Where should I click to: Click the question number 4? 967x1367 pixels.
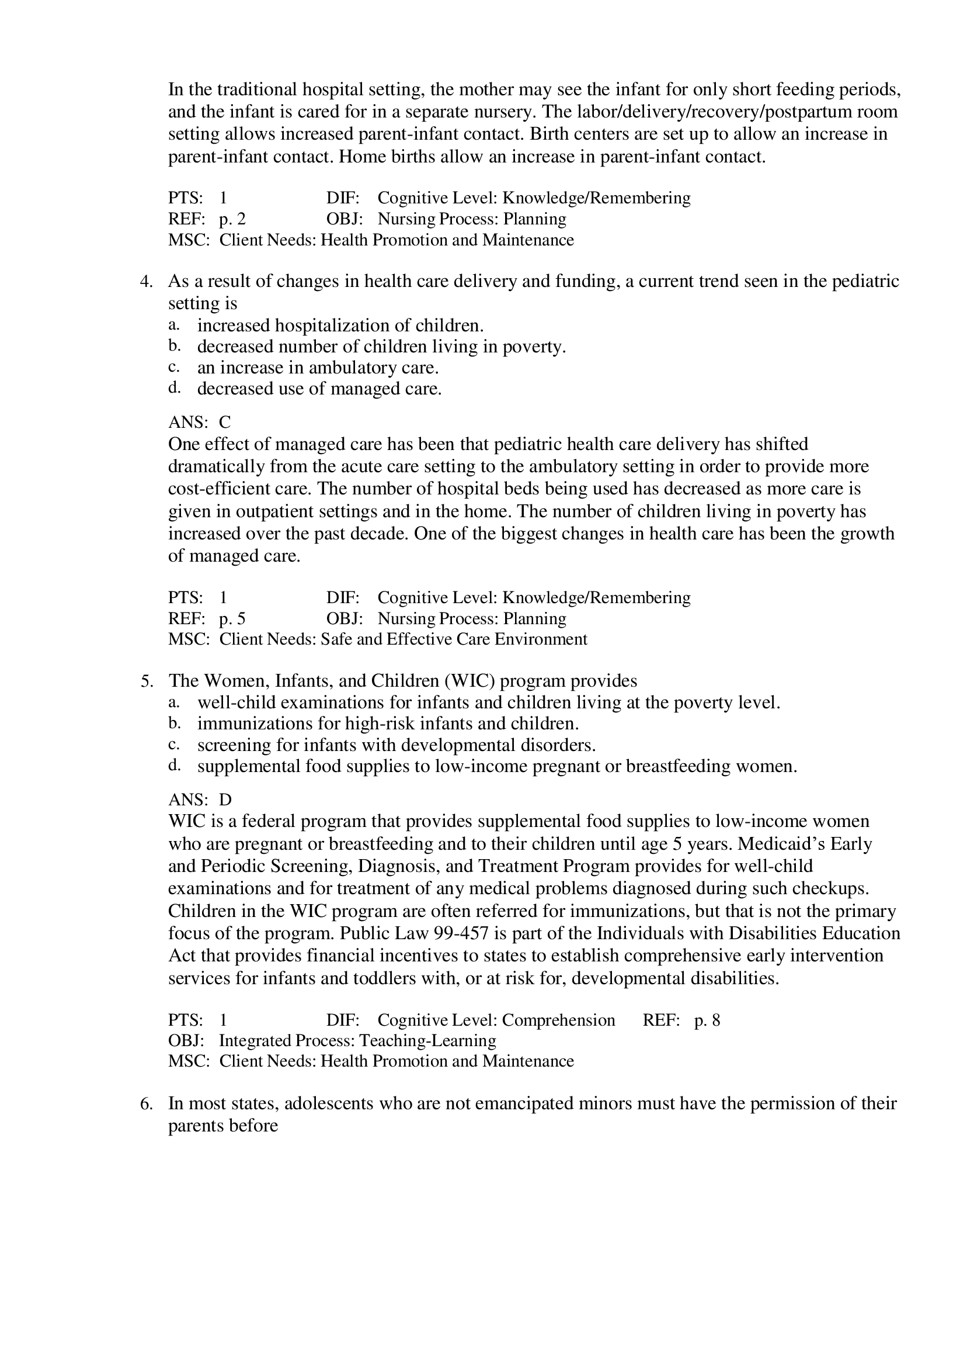tap(147, 281)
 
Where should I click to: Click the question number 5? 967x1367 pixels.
tap(147, 681)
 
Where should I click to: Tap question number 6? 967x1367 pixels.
tap(147, 1103)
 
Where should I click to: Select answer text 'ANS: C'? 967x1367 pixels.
tap(200, 423)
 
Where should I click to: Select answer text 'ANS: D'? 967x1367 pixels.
tap(200, 800)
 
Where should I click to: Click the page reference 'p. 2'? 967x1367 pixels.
tap(232, 219)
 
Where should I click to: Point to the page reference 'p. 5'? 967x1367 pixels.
tap(232, 619)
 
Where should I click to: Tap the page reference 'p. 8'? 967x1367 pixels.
tap(707, 1020)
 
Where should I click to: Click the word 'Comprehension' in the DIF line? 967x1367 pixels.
tap(558, 1020)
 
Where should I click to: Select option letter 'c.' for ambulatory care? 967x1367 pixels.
tap(174, 367)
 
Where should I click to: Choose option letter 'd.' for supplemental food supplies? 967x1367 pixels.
tap(174, 766)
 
